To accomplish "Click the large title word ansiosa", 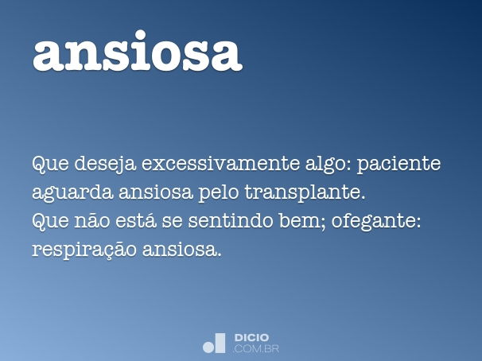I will coord(137,52).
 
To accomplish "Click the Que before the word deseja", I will coord(49,165).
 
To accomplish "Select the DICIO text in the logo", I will coord(252,338).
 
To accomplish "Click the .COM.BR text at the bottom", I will coord(256,348).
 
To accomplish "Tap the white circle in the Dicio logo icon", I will coord(209,346).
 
